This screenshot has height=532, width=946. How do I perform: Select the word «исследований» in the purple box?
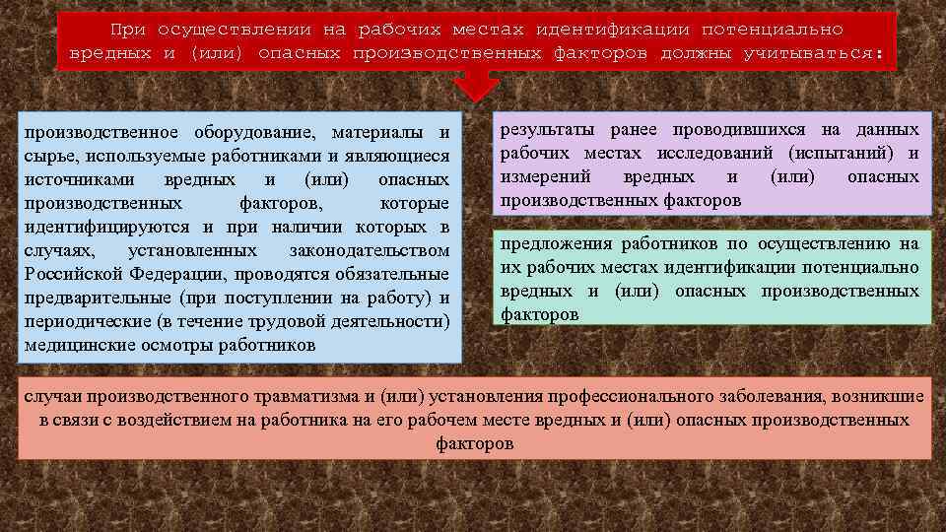[729, 154]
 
